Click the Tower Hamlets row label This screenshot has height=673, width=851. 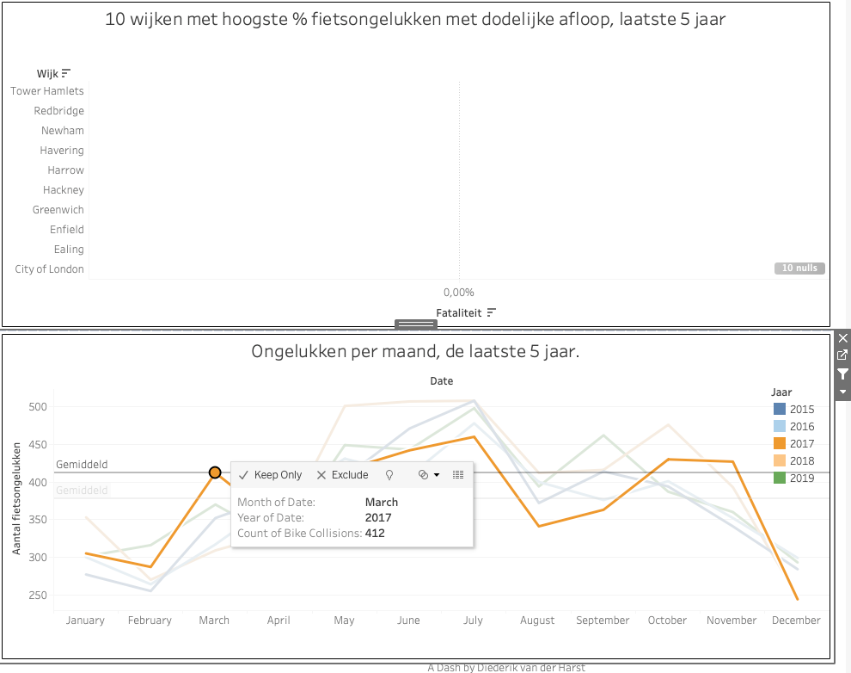(47, 91)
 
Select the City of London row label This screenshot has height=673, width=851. (50, 269)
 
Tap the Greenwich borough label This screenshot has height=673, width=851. (58, 210)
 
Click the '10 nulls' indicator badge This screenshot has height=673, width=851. (799, 269)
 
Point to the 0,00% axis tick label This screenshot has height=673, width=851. (459, 293)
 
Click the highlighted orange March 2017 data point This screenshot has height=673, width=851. (215, 472)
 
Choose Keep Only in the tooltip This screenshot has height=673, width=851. (271, 475)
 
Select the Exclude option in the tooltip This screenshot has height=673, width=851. (342, 475)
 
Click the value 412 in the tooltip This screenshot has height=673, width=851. (375, 533)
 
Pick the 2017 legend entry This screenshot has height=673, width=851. (801, 443)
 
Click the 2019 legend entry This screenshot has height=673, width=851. (801, 478)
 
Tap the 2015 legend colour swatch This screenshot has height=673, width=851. (780, 409)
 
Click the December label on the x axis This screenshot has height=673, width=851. (796, 621)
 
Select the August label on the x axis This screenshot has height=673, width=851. (538, 621)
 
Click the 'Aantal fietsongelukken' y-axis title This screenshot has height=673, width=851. (17, 498)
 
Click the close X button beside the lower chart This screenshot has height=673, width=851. (842, 338)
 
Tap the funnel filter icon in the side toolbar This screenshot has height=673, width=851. (842, 374)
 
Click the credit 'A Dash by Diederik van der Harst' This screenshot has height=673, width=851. (506, 667)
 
